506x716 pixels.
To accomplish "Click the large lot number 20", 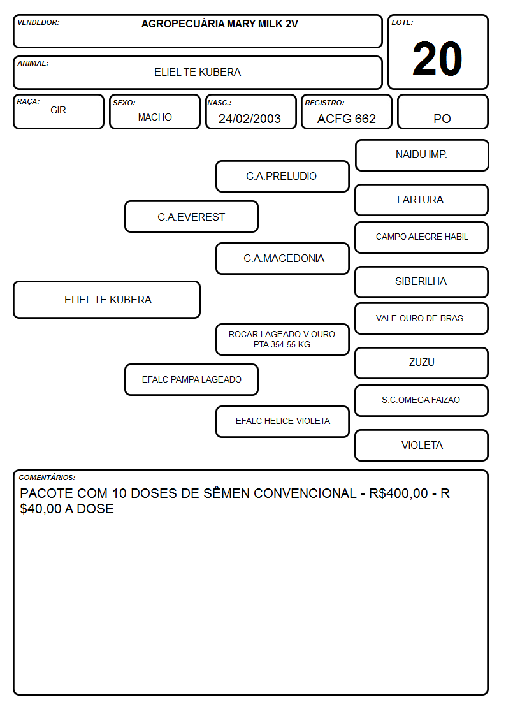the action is pyautogui.click(x=437, y=59).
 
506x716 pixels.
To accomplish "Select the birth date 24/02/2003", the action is pyautogui.click(x=250, y=119).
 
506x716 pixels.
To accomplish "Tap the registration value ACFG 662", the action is pyautogui.click(x=346, y=119).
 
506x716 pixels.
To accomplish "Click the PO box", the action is pyautogui.click(x=442, y=112).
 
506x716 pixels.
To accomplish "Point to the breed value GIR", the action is pyautogui.click(x=58, y=110).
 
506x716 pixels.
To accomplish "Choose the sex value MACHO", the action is pyautogui.click(x=155, y=117).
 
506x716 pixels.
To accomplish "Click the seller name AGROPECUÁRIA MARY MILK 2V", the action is pyautogui.click(x=219, y=24).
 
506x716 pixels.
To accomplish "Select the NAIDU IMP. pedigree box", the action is pyautogui.click(x=422, y=156).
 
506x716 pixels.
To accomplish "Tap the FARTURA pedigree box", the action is pyautogui.click(x=422, y=200).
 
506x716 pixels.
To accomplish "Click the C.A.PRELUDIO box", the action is pyautogui.click(x=282, y=176).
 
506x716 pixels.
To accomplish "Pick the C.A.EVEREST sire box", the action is pyautogui.click(x=191, y=216).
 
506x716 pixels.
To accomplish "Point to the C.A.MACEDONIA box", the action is pyautogui.click(x=282, y=258).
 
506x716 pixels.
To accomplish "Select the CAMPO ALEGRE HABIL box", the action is pyautogui.click(x=422, y=237).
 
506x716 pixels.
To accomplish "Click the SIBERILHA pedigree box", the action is pyautogui.click(x=422, y=282).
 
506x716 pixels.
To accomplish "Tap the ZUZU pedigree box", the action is pyautogui.click(x=422, y=363).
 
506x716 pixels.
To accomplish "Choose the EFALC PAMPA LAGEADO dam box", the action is pyautogui.click(x=191, y=379).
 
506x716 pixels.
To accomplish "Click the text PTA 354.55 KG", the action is pyautogui.click(x=282, y=345).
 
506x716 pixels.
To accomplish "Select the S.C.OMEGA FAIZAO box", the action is pyautogui.click(x=422, y=400).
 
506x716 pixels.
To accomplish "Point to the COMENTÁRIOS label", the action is pyautogui.click(x=47, y=478).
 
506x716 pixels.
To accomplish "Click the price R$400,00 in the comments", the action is pyautogui.click(x=398, y=493).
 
